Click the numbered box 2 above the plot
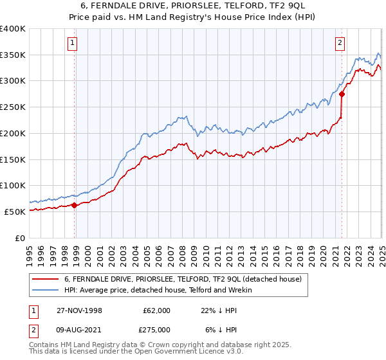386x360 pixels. tap(339, 44)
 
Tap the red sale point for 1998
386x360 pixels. tap(75, 206)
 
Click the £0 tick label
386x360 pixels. tap(21, 237)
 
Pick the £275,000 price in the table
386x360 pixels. tap(159, 330)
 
